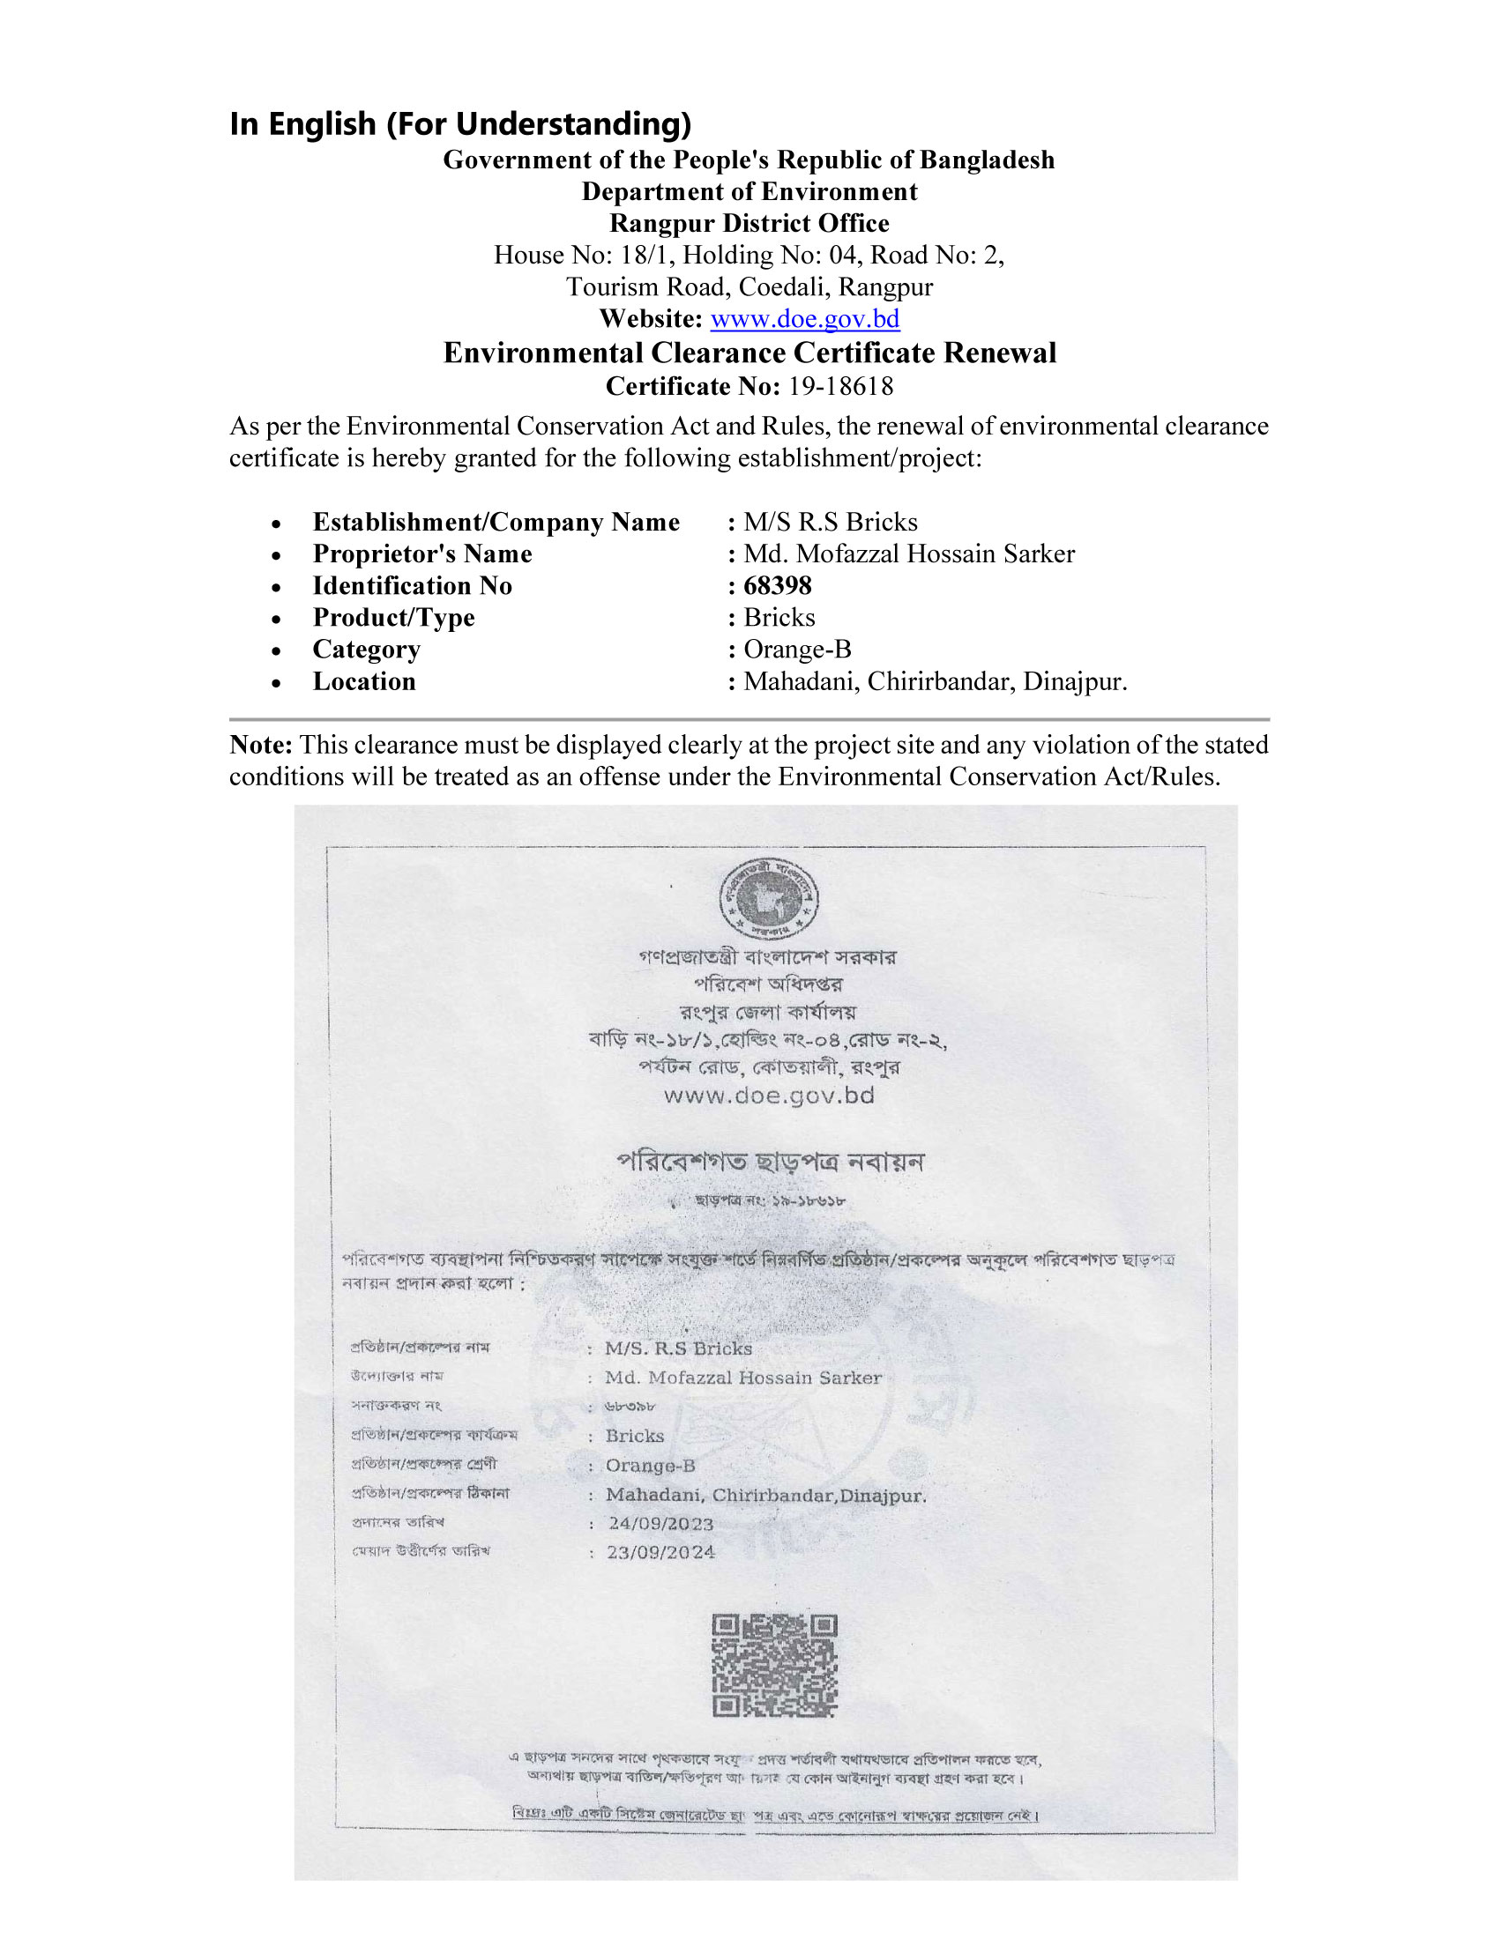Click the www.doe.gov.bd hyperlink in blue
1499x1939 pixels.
pos(804,319)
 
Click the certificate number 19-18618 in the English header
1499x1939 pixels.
pos(840,386)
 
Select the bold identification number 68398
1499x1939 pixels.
pos(777,586)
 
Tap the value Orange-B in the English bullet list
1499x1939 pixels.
pos(796,650)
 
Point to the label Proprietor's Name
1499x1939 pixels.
pos(421,554)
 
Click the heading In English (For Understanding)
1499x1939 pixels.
pos(460,123)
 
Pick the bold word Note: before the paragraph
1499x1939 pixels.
pos(260,745)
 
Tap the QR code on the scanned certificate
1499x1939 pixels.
pos(774,1667)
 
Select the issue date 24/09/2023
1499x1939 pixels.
pos(660,1525)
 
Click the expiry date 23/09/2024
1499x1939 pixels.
pos(660,1553)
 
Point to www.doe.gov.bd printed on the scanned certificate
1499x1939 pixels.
pos(769,1096)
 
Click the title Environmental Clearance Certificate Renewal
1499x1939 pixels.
pos(749,353)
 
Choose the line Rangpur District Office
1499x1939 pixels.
pos(749,224)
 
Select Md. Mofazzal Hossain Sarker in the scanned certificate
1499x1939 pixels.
pos(743,1378)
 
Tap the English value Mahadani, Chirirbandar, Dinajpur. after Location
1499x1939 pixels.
pos(935,682)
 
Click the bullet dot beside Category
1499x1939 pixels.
pos(277,650)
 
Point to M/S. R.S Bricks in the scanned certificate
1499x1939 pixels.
pos(678,1348)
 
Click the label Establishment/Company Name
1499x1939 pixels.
pos(496,522)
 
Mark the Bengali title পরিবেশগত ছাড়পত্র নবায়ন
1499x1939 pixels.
pos(770,1163)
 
